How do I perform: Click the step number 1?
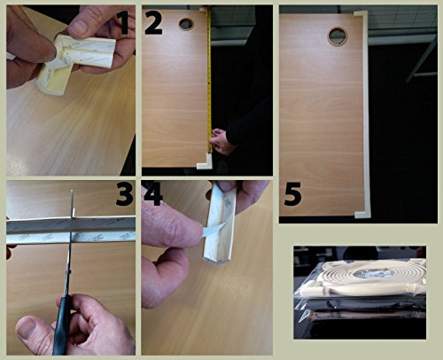124,22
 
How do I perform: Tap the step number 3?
124,193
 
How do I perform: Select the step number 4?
152,193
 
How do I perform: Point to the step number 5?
292,193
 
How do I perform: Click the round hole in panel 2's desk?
186,24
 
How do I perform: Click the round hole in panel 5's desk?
338,36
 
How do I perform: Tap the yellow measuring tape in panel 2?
209,80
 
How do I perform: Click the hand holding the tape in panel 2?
220,141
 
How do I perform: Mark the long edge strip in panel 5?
366,113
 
